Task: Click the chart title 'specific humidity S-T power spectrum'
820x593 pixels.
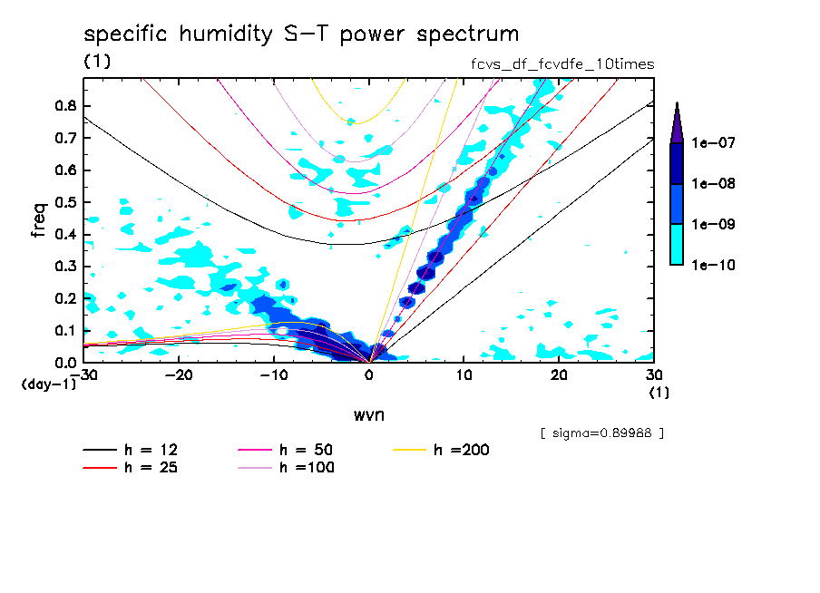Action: (301, 34)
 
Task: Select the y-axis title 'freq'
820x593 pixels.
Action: (39, 219)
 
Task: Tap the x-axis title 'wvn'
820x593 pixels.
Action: (368, 413)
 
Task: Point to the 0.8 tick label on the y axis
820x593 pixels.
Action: (63, 105)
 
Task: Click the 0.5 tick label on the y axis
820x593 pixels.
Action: (63, 202)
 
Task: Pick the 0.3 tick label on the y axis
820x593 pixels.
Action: (63, 267)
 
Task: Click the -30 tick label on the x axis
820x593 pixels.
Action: (83, 374)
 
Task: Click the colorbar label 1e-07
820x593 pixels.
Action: (714, 143)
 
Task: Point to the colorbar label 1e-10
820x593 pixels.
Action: (714, 265)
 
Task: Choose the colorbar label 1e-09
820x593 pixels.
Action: (714, 225)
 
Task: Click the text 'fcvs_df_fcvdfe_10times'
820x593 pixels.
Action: (557, 64)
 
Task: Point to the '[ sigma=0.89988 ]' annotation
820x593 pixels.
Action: (601, 433)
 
